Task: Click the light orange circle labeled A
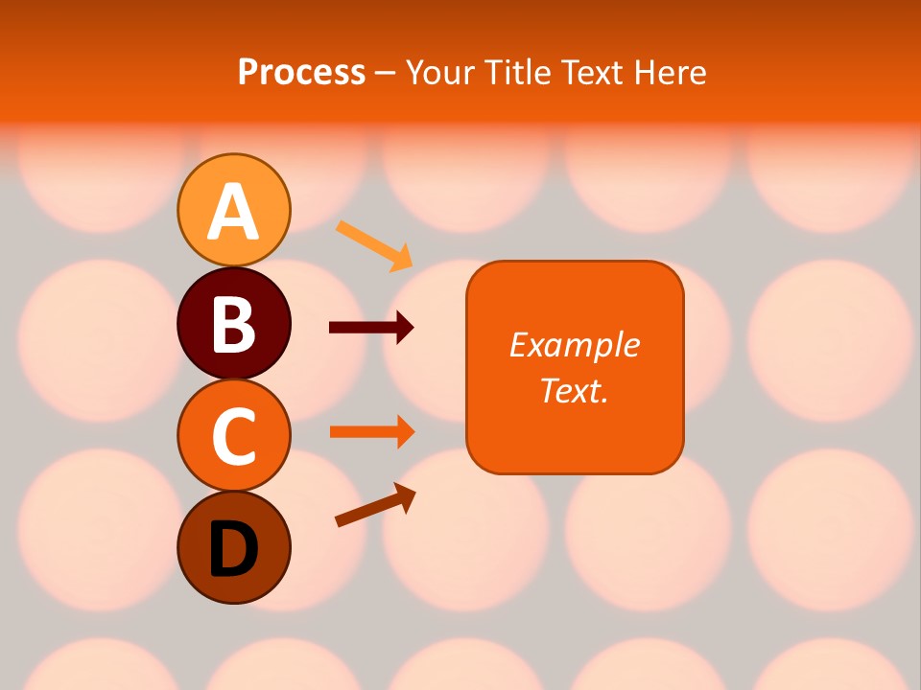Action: pos(233,210)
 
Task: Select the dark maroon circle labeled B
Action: pos(233,323)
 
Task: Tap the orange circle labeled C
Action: pos(233,435)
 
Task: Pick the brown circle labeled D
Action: pos(233,547)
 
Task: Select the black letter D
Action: pos(233,549)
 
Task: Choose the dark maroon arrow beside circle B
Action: pos(370,328)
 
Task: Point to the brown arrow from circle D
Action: pos(375,505)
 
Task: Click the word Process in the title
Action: pos(301,72)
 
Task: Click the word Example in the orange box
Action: pos(574,345)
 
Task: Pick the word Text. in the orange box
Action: pos(574,390)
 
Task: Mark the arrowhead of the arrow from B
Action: pos(406,328)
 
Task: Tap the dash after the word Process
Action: pos(385,73)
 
